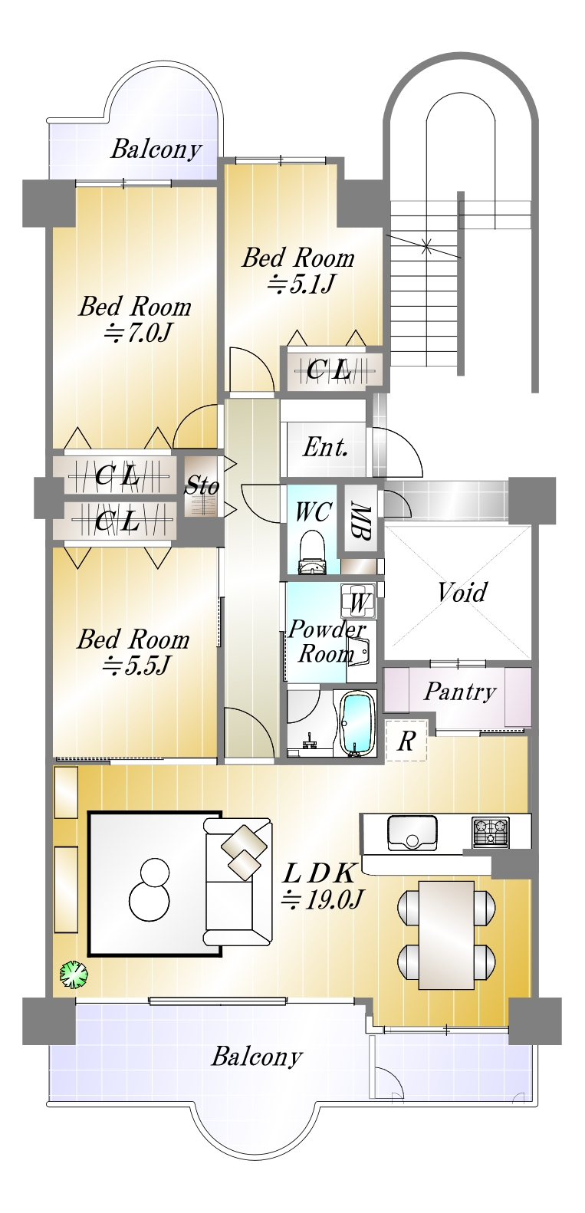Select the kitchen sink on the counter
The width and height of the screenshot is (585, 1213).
tap(412, 833)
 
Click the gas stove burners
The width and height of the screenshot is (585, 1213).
tap(491, 832)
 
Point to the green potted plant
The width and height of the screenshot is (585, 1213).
tap(73, 975)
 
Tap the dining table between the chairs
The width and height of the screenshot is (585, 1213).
tap(447, 934)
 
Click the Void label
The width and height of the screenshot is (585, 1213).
tap(462, 592)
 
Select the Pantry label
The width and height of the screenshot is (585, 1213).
tap(460, 692)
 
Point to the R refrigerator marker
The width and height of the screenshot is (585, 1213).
tap(406, 741)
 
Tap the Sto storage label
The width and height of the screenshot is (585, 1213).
tap(202, 485)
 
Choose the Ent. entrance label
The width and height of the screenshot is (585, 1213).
tap(325, 447)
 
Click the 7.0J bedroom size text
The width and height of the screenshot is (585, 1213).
tap(138, 333)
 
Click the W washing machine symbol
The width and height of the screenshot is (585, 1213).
tap(358, 601)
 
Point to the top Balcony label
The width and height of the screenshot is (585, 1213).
tap(156, 150)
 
